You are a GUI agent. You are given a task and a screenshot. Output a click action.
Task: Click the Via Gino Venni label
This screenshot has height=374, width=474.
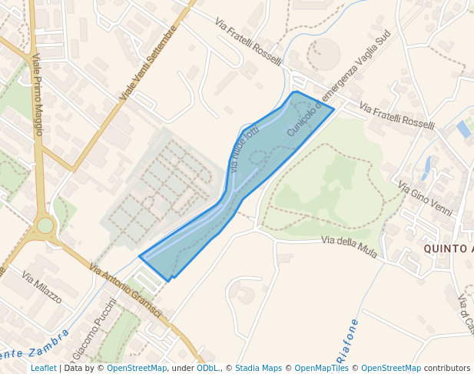[425, 198]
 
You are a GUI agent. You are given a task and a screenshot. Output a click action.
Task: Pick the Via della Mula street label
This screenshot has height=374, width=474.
[349, 247]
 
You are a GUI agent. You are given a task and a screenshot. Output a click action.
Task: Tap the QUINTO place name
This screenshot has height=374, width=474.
[449, 249]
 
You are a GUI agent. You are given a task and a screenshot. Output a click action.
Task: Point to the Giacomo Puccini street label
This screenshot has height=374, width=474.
[94, 330]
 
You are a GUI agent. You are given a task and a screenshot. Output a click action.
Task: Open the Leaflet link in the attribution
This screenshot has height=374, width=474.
[43, 369]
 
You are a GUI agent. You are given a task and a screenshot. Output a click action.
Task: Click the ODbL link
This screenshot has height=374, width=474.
[207, 369]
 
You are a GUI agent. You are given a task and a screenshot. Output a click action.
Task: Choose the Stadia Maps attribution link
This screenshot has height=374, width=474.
[258, 369]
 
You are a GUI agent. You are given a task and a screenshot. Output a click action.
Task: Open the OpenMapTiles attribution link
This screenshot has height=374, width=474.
[321, 369]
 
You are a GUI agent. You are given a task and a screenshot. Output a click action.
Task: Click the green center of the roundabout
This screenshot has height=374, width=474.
[45, 225]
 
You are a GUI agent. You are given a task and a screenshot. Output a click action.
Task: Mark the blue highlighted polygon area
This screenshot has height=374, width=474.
[230, 192]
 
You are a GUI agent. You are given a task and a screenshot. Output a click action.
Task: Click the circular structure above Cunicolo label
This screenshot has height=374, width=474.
[323, 54]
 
